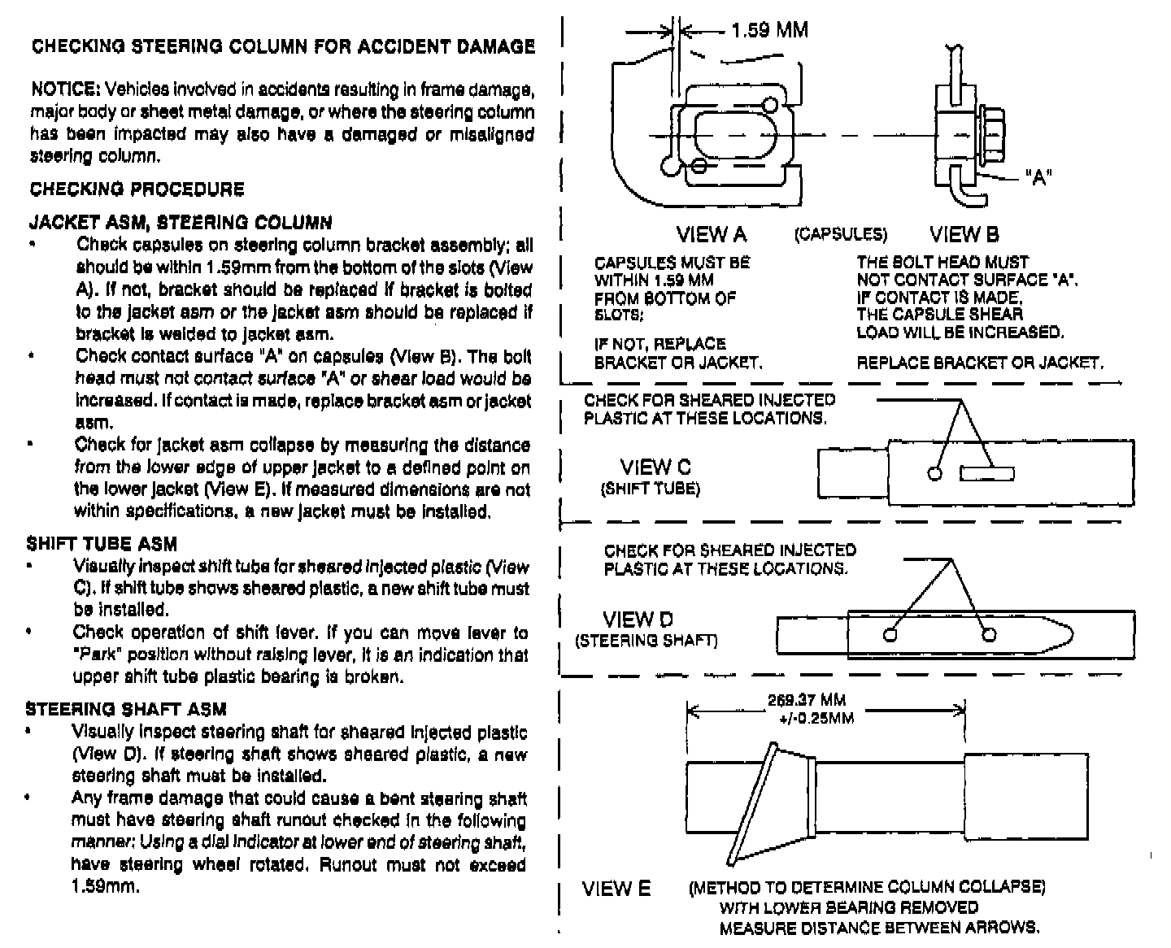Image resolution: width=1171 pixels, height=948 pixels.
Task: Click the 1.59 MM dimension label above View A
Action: click(x=768, y=31)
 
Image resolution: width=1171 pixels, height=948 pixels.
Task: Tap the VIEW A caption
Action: click(x=711, y=235)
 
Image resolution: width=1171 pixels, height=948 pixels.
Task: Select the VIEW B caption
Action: click(x=964, y=235)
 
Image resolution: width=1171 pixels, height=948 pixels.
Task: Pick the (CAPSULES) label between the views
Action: click(x=841, y=235)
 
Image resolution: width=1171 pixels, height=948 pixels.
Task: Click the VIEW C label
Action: click(x=655, y=467)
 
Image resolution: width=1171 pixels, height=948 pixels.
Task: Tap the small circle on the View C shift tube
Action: click(x=935, y=473)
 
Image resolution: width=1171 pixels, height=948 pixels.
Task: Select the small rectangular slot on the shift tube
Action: click(x=986, y=473)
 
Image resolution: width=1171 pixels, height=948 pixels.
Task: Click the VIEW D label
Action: click(x=638, y=620)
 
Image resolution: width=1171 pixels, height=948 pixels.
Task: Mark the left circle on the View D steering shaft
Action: click(x=890, y=635)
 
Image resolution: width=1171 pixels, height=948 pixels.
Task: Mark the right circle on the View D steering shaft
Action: click(x=989, y=635)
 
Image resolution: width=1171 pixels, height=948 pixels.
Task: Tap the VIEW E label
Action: click(x=616, y=889)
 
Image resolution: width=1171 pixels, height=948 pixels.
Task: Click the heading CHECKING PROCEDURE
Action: click(x=137, y=189)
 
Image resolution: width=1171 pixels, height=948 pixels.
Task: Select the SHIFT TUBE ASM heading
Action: click(x=102, y=544)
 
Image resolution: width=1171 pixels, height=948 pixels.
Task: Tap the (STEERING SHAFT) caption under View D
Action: click(x=646, y=641)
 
